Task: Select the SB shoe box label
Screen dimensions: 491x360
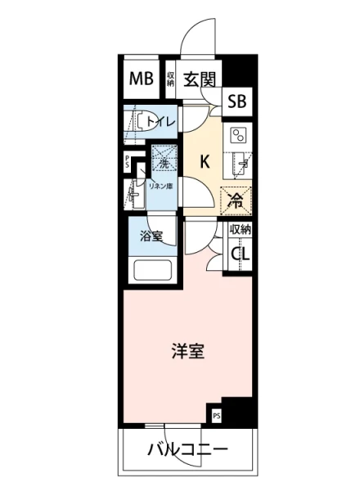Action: coord(237,102)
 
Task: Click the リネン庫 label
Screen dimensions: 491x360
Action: coord(160,186)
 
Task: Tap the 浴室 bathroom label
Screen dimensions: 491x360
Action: coord(151,237)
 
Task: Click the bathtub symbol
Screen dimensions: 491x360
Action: coord(151,270)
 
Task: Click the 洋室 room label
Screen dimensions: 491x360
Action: coord(187,353)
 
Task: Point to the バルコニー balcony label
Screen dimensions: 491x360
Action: coord(187,450)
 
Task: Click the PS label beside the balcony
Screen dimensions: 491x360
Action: coord(217,415)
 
